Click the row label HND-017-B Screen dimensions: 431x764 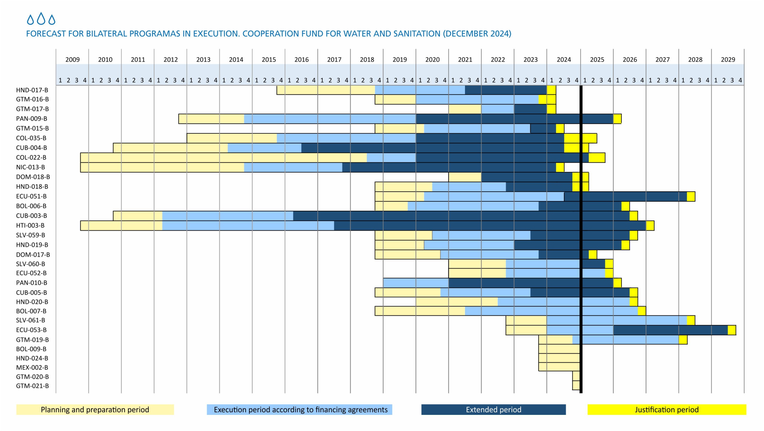coord(32,90)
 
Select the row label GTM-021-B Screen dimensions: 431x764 coord(32,386)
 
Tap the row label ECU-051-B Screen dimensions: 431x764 coord(31,196)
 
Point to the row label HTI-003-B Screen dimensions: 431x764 coord(30,225)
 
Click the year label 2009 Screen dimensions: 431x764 coord(73,60)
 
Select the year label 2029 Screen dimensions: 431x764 coord(728,60)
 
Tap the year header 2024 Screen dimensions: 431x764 coord(564,60)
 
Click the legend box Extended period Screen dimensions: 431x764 coord(493,410)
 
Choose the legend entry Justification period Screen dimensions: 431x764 coord(667,410)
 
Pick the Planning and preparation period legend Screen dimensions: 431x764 coord(95,410)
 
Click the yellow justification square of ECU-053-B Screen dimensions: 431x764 coord(732,330)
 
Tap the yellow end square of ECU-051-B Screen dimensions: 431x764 coord(691,196)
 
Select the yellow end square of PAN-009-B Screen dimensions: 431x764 coord(617,119)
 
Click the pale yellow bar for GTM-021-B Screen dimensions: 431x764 coord(576,386)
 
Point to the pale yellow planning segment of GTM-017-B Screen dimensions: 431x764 coord(465,109)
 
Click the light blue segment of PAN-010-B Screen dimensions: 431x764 coord(416,283)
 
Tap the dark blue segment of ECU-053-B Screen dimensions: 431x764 coord(670,330)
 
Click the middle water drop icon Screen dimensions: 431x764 coord(41,19)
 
